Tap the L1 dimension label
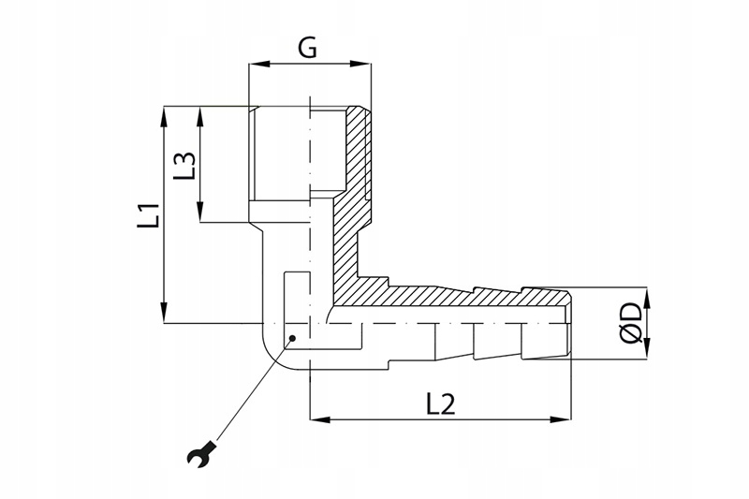pyautogui.click(x=149, y=215)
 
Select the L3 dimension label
pyautogui.click(x=184, y=166)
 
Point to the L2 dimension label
pyautogui.click(x=440, y=405)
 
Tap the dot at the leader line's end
pyautogui.click(x=293, y=338)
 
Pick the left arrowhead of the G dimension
pyautogui.click(x=259, y=64)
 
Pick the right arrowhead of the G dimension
pyautogui.click(x=360, y=64)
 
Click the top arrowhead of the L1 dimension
pyautogui.click(x=164, y=116)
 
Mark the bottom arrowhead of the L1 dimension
pyautogui.click(x=164, y=313)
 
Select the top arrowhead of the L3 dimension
pyautogui.click(x=200, y=116)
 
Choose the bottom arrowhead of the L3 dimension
pyautogui.click(x=200, y=212)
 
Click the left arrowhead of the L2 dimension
pyautogui.click(x=320, y=419)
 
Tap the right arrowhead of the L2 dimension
pyautogui.click(x=561, y=419)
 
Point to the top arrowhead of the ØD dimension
pyautogui.click(x=647, y=298)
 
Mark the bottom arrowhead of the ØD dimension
pyautogui.click(x=647, y=347)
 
